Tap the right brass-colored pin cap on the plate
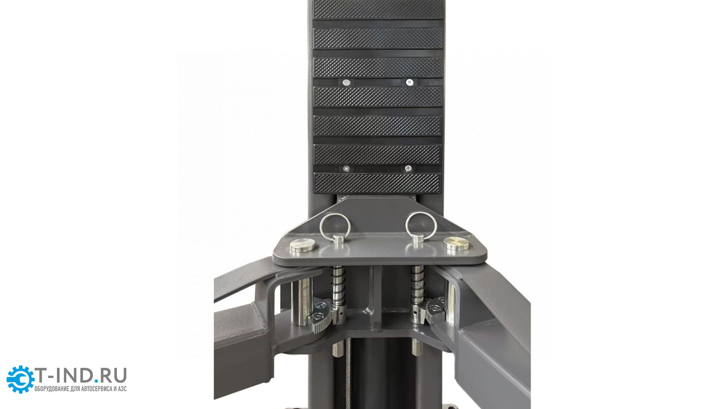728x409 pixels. coord(456,244)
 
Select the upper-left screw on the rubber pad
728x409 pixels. coord(346,83)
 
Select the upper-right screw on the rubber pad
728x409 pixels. coord(410,82)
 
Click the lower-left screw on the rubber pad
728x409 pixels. coord(346,169)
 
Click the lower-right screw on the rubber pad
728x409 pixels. coord(408,168)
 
